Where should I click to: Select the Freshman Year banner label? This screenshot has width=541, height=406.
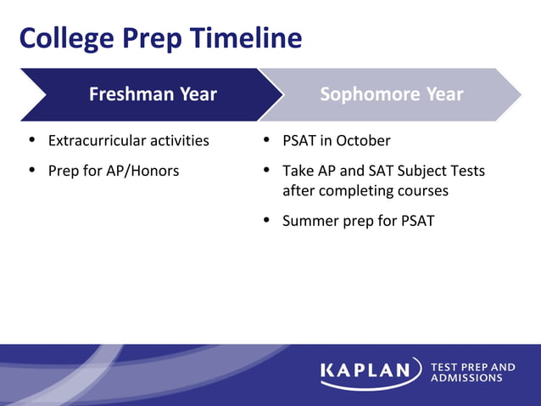click(x=153, y=94)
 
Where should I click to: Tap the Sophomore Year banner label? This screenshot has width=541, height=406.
click(x=391, y=94)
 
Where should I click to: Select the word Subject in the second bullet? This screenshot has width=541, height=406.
click(x=430, y=171)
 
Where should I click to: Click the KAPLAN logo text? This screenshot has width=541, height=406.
click(x=370, y=372)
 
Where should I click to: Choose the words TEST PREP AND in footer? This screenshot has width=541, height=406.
click(x=472, y=367)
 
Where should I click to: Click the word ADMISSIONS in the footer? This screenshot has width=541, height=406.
click(x=466, y=378)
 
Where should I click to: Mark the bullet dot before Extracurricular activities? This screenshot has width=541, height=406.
click(x=32, y=140)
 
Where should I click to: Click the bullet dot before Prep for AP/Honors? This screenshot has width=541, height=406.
click(x=32, y=171)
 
